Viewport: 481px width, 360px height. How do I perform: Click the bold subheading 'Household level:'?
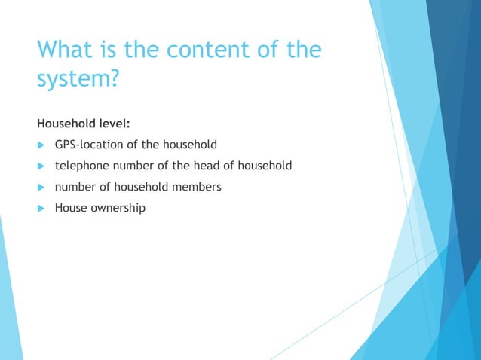click(x=84, y=123)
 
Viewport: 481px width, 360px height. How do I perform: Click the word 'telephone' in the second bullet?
click(x=81, y=165)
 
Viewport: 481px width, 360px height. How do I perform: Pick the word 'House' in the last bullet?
click(x=69, y=207)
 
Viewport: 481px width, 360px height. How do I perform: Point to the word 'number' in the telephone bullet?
click(x=133, y=165)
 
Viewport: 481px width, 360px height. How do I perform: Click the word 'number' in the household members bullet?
click(x=74, y=186)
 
